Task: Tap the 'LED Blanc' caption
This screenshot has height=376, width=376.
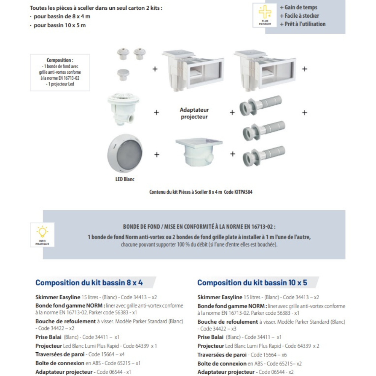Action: click(x=125, y=179)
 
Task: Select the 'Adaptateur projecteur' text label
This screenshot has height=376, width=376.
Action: click(x=194, y=113)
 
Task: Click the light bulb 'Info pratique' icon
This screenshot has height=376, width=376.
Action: click(x=42, y=235)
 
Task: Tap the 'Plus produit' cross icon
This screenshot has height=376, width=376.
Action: click(x=265, y=15)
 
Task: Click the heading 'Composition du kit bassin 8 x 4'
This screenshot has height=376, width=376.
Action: click(x=89, y=282)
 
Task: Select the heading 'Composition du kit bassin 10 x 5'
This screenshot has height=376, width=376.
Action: click(x=252, y=282)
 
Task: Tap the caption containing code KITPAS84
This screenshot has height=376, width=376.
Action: click(x=201, y=192)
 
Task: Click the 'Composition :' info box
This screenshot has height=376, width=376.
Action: click(x=60, y=72)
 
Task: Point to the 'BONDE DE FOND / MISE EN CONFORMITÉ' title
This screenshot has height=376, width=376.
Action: click(x=199, y=227)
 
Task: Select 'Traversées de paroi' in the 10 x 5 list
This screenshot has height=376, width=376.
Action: click(x=222, y=355)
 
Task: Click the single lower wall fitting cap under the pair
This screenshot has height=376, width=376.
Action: click(x=123, y=74)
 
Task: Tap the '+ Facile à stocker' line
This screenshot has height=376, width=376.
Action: click(x=299, y=16)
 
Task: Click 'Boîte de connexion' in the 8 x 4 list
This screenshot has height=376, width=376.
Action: click(x=59, y=363)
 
